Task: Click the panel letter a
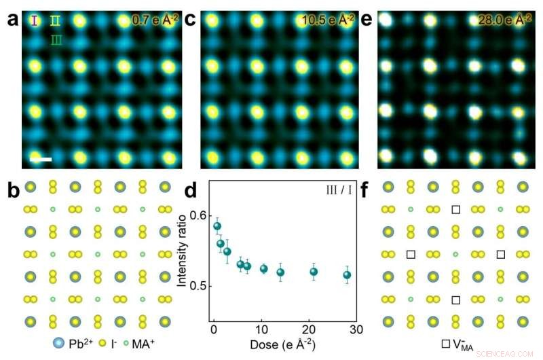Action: click(12, 20)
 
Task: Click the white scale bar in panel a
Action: click(41, 159)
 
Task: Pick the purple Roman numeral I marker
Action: click(33, 20)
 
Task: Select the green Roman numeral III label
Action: click(57, 41)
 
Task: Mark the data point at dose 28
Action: click(348, 275)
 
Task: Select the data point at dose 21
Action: click(314, 272)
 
